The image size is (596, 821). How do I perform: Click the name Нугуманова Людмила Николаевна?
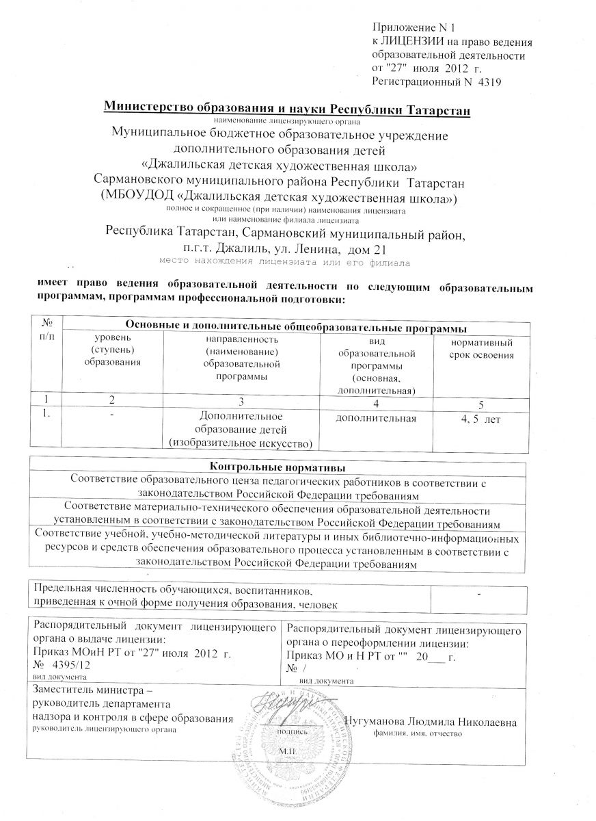pyautogui.click(x=430, y=722)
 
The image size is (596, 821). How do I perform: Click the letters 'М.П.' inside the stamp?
pyautogui.click(x=286, y=751)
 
